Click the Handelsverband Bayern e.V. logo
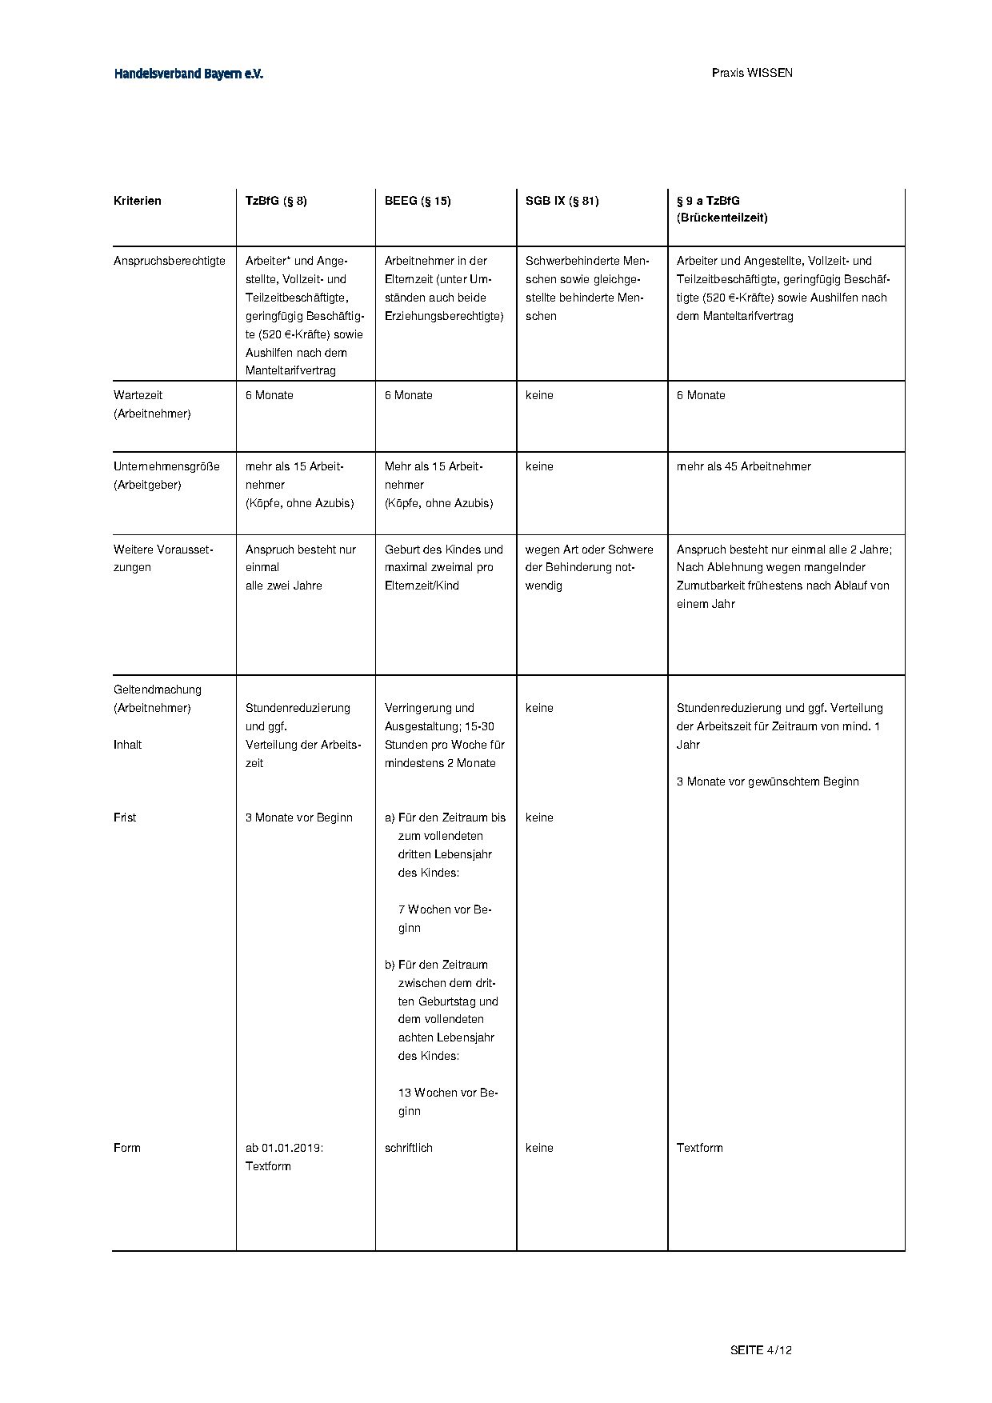[189, 74]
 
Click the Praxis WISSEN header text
[752, 73]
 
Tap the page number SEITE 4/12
[761, 1350]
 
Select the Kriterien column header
[138, 201]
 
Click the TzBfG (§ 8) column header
[276, 201]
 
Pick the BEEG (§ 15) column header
[418, 201]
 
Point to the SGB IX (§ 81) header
[562, 201]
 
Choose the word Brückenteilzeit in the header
[722, 218]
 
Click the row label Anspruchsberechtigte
[170, 261]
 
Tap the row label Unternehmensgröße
[166, 466]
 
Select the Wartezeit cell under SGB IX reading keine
[539, 395]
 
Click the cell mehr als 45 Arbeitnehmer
[743, 466]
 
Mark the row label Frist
[125, 817]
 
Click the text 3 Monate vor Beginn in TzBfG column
[298, 817]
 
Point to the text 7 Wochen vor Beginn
[444, 918]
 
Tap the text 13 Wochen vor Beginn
[447, 1101]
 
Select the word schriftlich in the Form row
[408, 1148]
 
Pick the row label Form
[127, 1148]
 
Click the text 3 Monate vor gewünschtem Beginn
[767, 781]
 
